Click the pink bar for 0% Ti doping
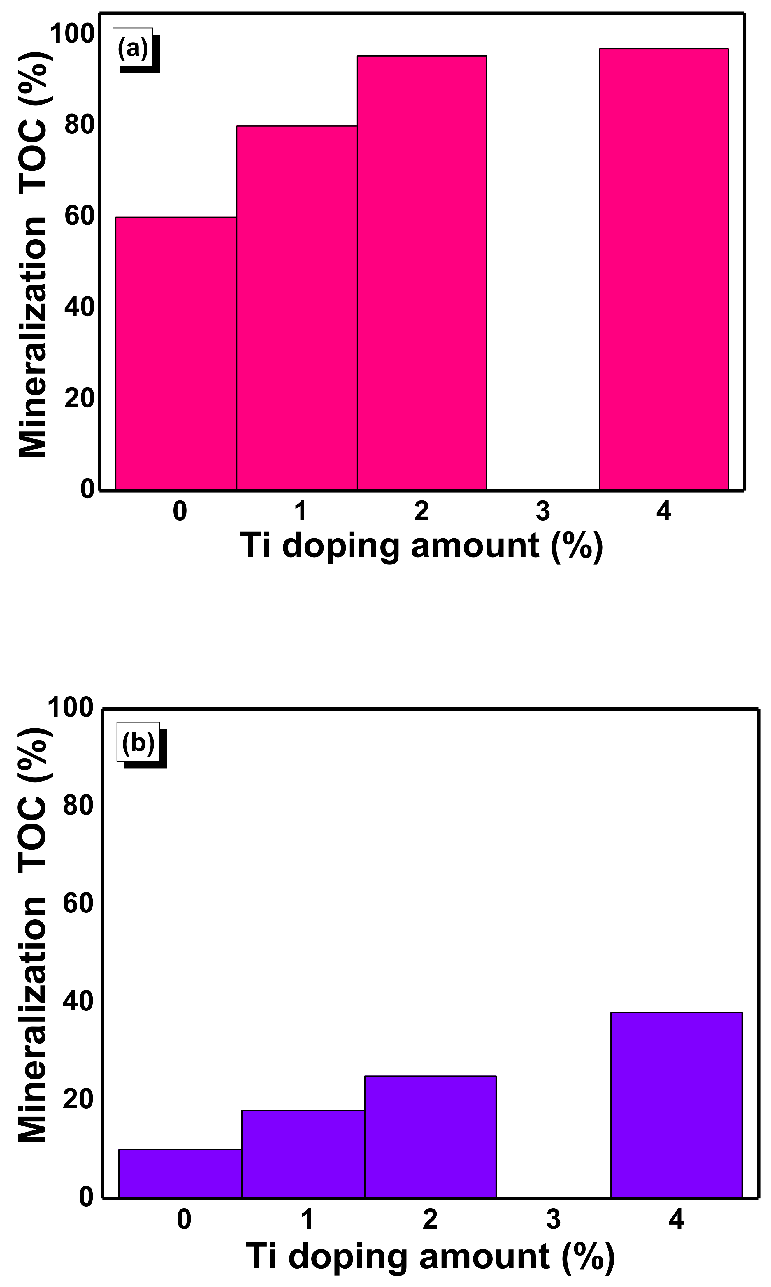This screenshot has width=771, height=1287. tap(175, 353)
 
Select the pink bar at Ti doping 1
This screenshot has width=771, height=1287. tap(297, 307)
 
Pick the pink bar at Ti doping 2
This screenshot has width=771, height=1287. tap(422, 273)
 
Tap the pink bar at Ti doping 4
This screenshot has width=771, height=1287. tap(663, 269)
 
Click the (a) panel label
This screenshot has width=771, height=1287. tap(133, 48)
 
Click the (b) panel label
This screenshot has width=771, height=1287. tap(138, 742)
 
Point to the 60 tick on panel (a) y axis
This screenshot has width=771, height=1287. tap(79, 216)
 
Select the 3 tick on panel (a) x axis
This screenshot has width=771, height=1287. tap(542, 511)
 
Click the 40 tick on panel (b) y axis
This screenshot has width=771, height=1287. tap(78, 1001)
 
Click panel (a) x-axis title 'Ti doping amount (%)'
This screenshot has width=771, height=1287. tap(421, 545)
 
